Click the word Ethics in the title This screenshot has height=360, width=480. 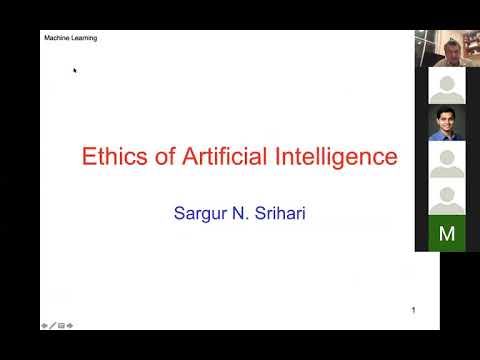coord(115,156)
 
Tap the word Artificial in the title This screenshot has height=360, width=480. coord(224,156)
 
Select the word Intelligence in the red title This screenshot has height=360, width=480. coord(336,157)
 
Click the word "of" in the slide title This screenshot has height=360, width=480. coord(165,156)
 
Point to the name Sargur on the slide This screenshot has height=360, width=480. coord(200,214)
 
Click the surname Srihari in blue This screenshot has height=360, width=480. coord(280,213)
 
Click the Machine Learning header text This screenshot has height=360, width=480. coord(71,38)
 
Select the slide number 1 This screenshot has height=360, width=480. coord(414,310)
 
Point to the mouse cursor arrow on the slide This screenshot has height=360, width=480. coord(75,70)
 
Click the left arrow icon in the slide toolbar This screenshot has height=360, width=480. coord(44,326)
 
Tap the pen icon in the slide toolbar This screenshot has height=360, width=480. coord(53,325)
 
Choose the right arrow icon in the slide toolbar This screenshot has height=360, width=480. coord(70,326)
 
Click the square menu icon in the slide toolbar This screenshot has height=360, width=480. coord(61,326)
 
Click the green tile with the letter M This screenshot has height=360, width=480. coord(447,233)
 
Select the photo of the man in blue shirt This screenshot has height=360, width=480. coord(447,122)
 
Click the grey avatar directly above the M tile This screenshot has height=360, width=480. coord(447,197)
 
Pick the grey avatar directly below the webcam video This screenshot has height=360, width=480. coord(447,86)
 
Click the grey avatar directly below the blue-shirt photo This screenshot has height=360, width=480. coord(447,160)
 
